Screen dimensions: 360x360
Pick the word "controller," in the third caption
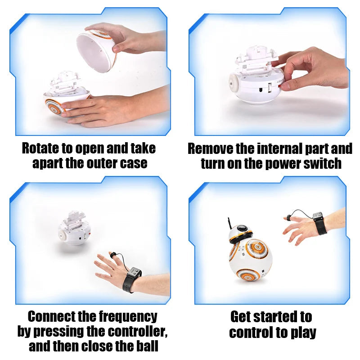point(135,332)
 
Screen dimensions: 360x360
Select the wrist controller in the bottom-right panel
point(320,223)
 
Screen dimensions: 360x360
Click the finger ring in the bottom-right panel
point(287,218)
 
